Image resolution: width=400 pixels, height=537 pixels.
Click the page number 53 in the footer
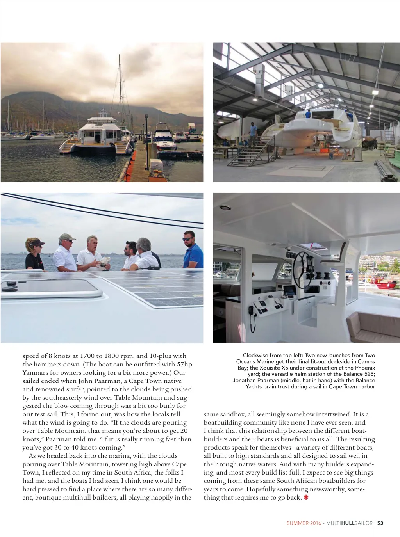point(380,523)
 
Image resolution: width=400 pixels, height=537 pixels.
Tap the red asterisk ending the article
point(306,498)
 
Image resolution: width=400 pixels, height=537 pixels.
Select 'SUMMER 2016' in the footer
point(304,523)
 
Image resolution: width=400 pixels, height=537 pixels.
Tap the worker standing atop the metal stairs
point(253,134)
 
